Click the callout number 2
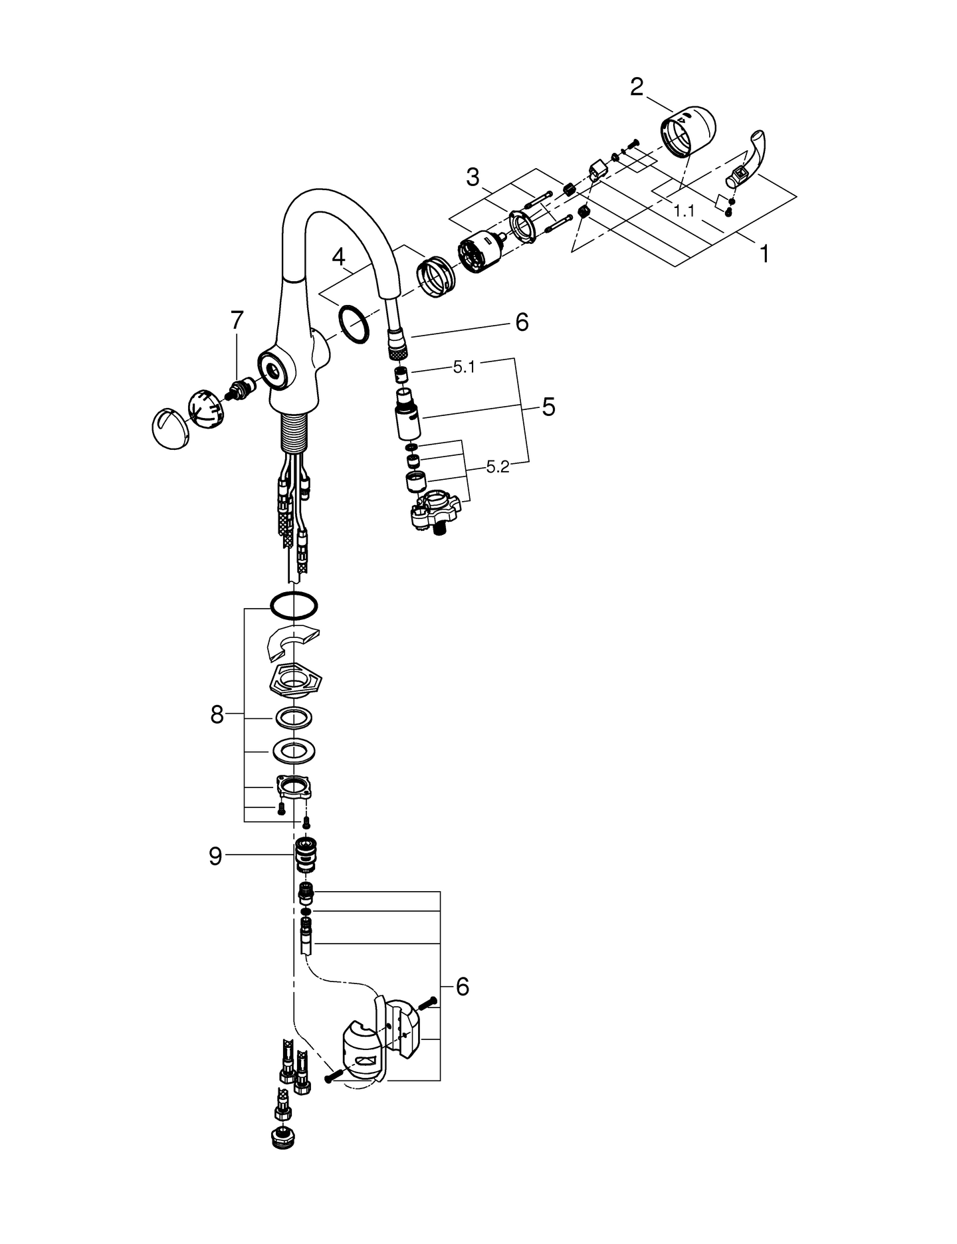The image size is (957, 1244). pos(636,87)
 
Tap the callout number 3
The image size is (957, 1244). pos(473,177)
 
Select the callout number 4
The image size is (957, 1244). pos(339,257)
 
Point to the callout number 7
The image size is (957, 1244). pos(237,320)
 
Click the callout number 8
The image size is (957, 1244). pos(217,716)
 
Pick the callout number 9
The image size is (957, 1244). pos(215,857)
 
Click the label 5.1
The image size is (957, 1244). pos(464,367)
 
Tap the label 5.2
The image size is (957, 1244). pos(497,467)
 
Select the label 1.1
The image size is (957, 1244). pos(684,211)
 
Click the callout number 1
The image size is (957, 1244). pos(764,253)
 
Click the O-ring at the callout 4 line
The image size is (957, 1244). pos(354,324)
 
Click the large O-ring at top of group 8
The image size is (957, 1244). pos(294,605)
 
